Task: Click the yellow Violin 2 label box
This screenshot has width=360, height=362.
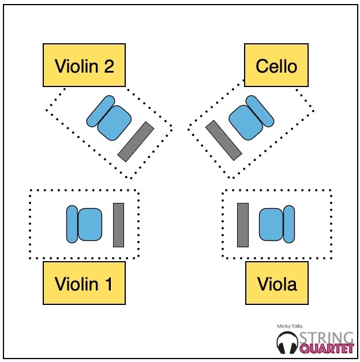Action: [84, 66]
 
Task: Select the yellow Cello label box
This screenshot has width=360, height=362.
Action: [276, 66]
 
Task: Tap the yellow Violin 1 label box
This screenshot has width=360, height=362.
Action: [84, 283]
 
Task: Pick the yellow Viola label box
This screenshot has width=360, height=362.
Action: [276, 283]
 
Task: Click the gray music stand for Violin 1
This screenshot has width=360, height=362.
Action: [118, 225]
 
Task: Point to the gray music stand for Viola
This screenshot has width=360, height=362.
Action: [243, 225]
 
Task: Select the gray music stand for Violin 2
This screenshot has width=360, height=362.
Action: [136, 141]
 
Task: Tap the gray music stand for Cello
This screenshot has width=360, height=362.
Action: [223, 140]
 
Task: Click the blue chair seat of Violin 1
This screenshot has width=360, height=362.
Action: [90, 224]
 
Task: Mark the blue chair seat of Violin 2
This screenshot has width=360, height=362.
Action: [113, 122]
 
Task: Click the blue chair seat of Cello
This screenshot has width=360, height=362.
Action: [245, 122]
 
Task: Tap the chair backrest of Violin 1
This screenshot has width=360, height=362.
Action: [72, 224]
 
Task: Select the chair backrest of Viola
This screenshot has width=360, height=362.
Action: [289, 225]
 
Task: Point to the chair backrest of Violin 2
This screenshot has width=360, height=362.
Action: [100, 111]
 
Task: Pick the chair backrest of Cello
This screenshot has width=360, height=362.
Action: [259, 111]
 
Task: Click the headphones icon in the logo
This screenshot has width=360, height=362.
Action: [287, 344]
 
